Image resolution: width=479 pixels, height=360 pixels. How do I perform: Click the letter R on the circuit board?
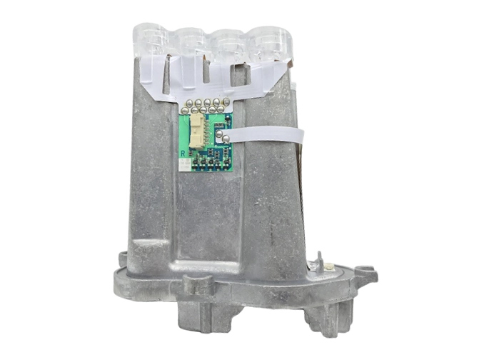(183, 153)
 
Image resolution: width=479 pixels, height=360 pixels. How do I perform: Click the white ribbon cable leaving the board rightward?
(264, 134)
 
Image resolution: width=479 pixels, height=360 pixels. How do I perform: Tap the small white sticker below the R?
(184, 166)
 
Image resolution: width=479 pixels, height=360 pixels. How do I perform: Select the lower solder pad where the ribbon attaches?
(223, 140)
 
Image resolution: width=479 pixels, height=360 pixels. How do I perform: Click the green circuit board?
(207, 143)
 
